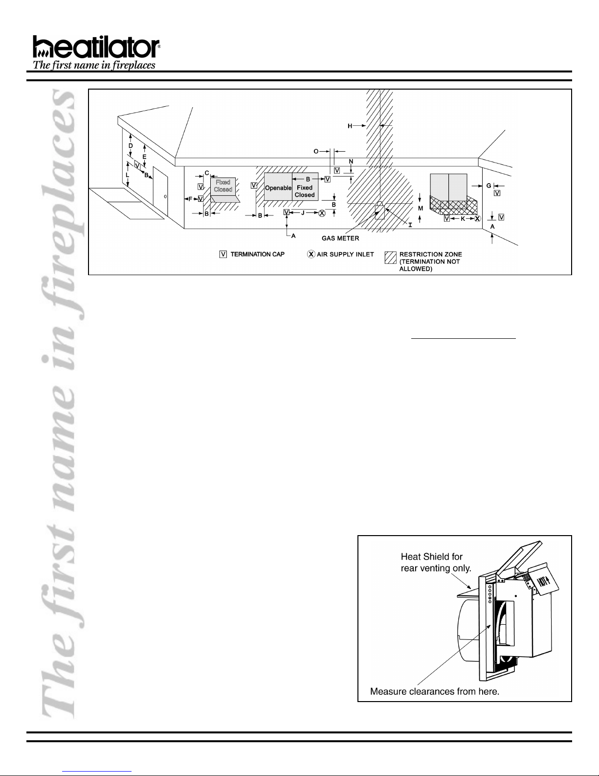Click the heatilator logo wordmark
point(96,47)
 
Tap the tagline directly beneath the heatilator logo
point(94,65)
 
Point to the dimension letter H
point(350,126)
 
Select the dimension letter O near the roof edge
point(316,151)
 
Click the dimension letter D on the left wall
point(131,146)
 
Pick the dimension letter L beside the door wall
point(127,175)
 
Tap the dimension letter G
point(489,186)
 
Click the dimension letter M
point(421,208)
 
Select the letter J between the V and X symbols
point(303,213)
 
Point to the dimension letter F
point(190,199)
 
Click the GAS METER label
point(340,238)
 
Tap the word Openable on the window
point(278,188)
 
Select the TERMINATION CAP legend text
point(257,254)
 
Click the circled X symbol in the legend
point(311,254)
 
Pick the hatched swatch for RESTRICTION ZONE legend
point(390,258)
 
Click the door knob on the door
point(165,197)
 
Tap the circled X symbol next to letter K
point(477,218)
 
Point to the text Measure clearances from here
point(434,691)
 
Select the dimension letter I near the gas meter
point(410,225)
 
